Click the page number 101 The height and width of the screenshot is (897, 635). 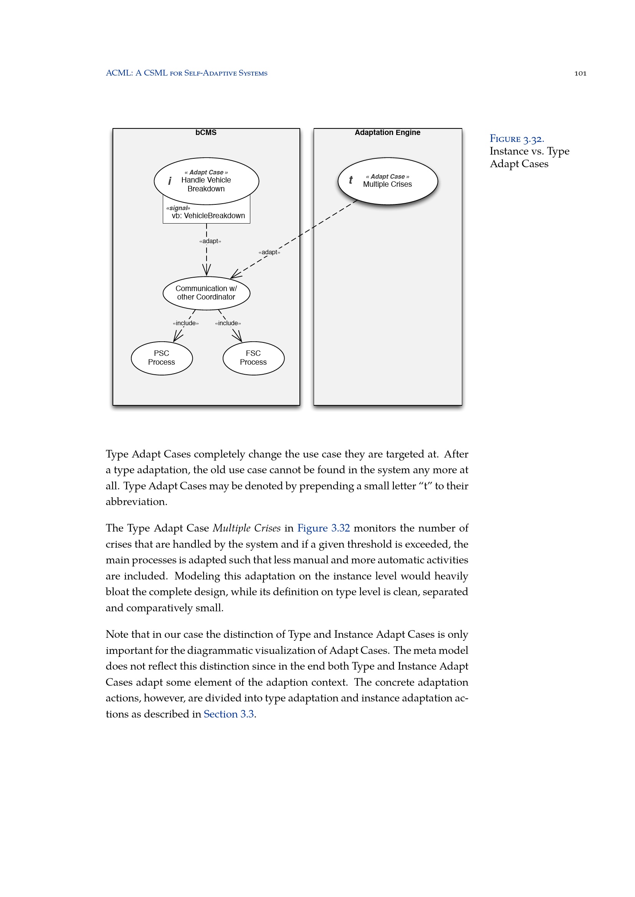580,74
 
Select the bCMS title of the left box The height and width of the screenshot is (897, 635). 206,132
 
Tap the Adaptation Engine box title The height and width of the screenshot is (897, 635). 387,132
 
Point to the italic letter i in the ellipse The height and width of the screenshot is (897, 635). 170,181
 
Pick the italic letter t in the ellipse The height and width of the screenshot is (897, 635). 351,180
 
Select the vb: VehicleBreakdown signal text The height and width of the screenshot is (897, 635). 208,216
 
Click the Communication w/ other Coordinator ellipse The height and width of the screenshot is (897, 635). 206,293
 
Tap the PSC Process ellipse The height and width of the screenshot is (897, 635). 162,358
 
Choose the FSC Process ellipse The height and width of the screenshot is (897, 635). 253,358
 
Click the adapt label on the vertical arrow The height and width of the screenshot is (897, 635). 210,241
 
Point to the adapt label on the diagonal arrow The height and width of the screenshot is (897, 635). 269,252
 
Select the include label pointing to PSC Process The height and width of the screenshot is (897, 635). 186,323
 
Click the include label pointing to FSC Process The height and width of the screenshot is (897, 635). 228,323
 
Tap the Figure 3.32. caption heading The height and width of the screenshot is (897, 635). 516,139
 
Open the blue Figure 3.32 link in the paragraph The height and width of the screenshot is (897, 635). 323,528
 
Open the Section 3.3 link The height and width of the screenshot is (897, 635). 229,714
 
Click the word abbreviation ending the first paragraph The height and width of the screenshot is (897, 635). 136,502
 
